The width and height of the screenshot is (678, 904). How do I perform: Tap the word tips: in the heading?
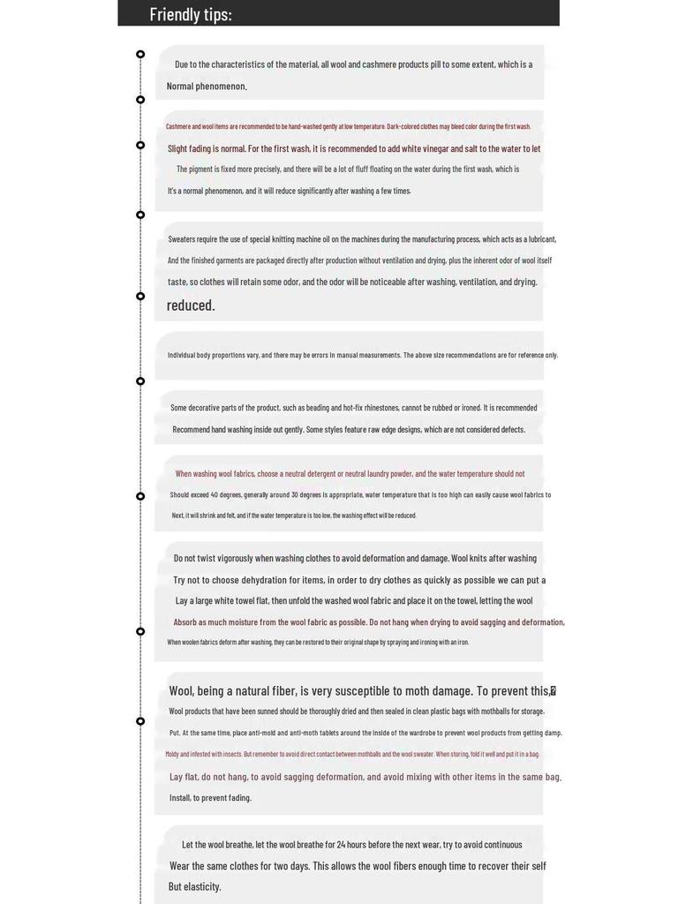[216, 14]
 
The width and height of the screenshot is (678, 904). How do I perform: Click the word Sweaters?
[183, 239]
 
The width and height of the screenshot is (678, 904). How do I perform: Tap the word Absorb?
[188, 622]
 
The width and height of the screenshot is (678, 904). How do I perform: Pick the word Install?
[180, 798]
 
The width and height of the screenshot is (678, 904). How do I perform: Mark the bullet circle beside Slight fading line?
[140, 145]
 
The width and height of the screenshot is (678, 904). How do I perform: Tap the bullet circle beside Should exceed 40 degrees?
[140, 496]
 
